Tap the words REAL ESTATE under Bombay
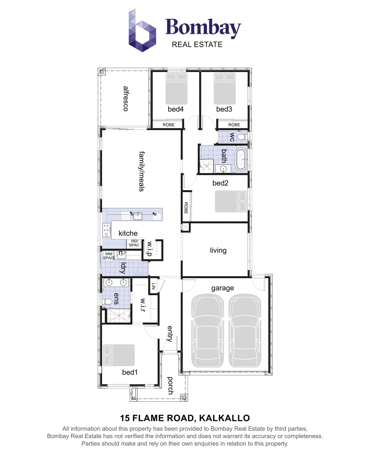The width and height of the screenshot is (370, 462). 197,44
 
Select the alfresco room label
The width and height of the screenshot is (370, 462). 125,99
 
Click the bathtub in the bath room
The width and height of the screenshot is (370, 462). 241,159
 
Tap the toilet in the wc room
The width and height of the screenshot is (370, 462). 242,136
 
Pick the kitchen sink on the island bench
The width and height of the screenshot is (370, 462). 138,215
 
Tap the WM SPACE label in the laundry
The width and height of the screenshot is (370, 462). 109,256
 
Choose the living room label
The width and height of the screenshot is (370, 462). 218,250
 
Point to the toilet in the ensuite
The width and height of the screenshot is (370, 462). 108,302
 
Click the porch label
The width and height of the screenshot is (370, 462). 170,385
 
